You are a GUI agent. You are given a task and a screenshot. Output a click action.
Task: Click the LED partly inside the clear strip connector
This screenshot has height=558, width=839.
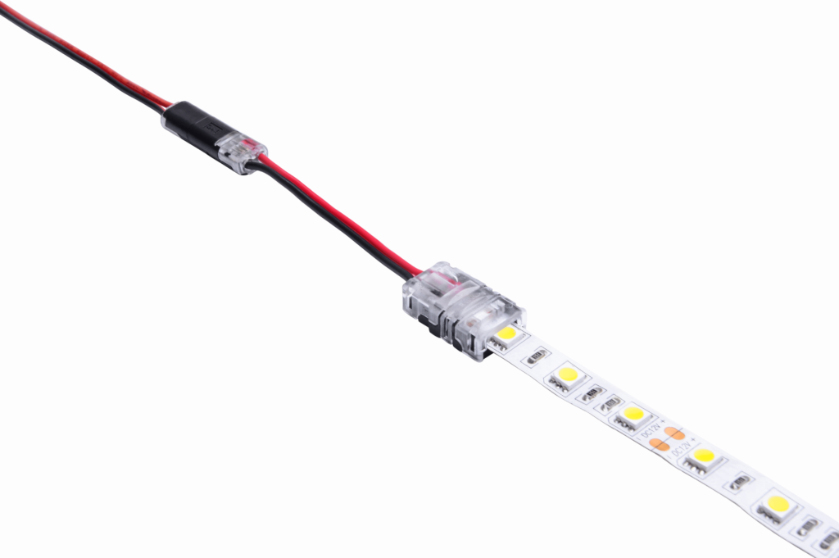pos(506,333)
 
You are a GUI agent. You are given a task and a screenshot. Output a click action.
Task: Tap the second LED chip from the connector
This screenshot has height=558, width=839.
pos(567,375)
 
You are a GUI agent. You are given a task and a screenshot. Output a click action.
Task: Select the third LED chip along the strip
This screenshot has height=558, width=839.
pos(633,415)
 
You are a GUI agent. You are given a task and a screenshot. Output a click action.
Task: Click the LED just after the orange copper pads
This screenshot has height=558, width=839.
pos(703,456)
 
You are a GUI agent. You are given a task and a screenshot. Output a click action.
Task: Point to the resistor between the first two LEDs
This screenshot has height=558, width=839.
pos(537,356)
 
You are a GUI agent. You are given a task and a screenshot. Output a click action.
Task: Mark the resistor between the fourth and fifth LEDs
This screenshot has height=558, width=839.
pos(741,482)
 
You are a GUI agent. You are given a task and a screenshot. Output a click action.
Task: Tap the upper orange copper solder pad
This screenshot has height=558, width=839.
pos(673,433)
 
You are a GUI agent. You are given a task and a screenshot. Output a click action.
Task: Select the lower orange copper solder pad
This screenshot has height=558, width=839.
pos(659,444)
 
